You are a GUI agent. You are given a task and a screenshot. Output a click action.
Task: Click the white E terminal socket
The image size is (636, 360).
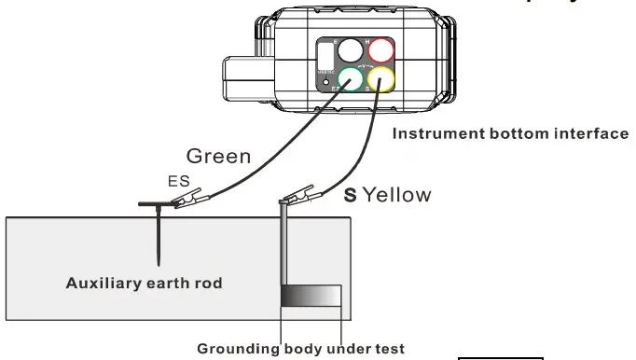tap(352, 51)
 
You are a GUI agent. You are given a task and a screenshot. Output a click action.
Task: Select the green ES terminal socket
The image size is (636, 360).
tap(352, 81)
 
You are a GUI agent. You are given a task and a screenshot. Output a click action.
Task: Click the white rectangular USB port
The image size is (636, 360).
tap(325, 55)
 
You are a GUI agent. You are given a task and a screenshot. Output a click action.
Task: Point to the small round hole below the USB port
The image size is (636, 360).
tap(325, 83)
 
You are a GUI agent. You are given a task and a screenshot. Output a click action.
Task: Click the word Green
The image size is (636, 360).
tap(218, 156)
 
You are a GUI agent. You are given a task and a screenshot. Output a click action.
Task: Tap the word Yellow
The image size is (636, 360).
tap(396, 195)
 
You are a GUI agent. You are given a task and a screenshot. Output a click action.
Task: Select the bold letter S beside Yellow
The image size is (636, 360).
tap(351, 195)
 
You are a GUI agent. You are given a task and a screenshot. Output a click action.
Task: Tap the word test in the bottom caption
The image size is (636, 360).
tap(390, 350)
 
